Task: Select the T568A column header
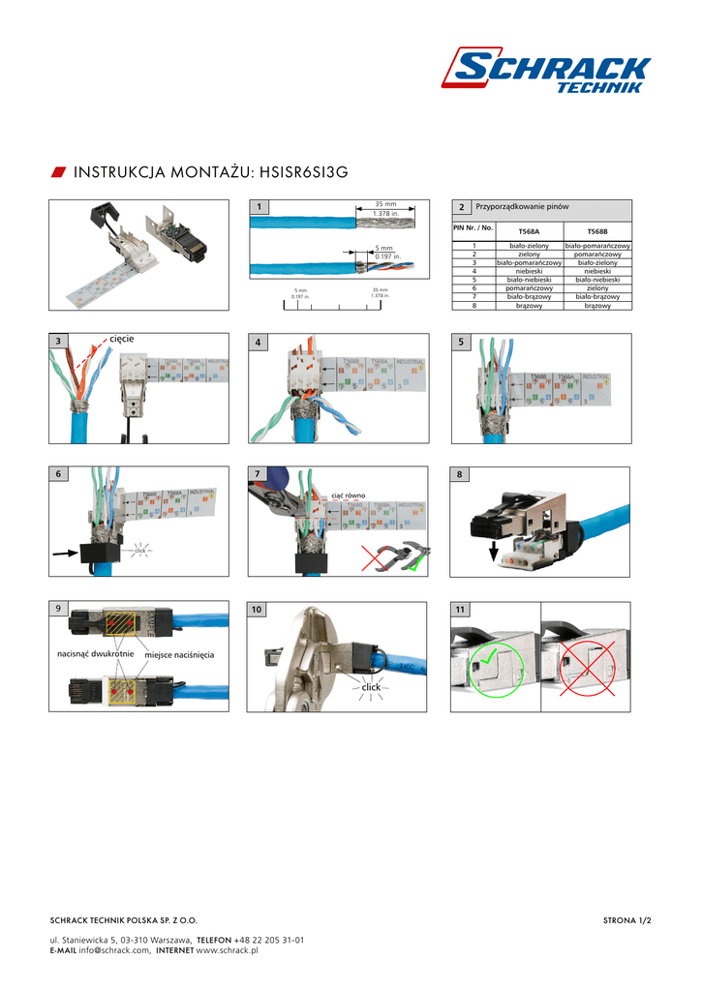529,231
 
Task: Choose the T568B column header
596,231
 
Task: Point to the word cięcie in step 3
122,338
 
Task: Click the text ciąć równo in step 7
348,495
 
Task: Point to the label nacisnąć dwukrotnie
95,655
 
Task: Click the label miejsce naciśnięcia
179,656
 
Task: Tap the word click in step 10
372,686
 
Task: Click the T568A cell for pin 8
529,306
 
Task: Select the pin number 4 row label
474,271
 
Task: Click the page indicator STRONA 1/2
626,920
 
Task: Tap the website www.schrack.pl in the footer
228,950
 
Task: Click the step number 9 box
58,608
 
